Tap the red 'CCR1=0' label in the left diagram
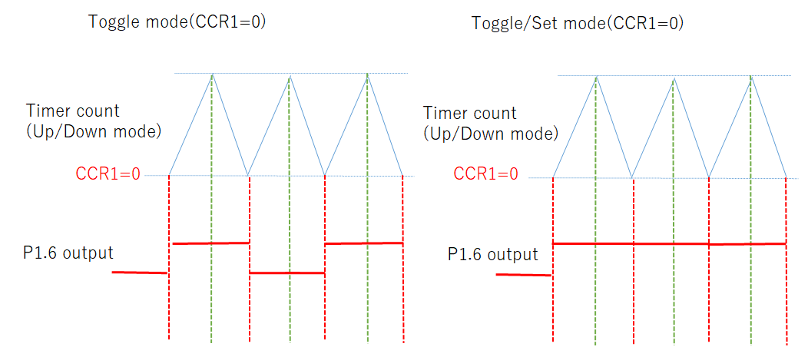(x=108, y=173)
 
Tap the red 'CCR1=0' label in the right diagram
(x=485, y=174)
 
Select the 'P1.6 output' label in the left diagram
(x=68, y=253)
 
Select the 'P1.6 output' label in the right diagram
(x=493, y=254)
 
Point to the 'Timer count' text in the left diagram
(x=72, y=111)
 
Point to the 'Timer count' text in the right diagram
(x=469, y=114)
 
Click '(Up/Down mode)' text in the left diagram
(x=93, y=131)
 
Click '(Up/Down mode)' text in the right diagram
(x=490, y=134)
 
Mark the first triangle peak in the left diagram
(x=212, y=74)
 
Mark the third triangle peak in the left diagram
(x=368, y=74)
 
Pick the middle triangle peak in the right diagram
(x=674, y=78)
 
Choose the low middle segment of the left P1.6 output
(x=287, y=272)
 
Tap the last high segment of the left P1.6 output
(x=364, y=243)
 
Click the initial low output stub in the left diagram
(x=139, y=272)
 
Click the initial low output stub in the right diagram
(x=523, y=274)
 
